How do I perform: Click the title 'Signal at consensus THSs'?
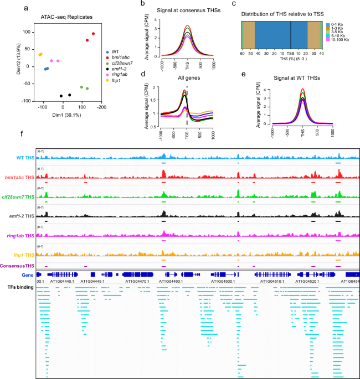187,11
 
